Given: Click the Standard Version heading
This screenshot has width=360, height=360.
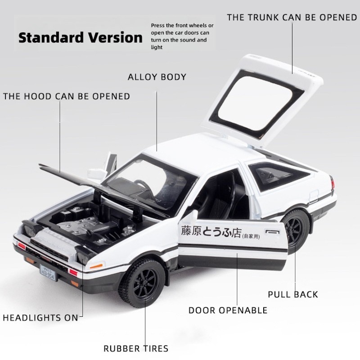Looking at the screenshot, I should point(81,37).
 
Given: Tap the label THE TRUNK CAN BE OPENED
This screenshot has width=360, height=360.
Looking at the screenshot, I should point(292,18).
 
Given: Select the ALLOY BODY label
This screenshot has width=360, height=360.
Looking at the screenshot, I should point(157,77).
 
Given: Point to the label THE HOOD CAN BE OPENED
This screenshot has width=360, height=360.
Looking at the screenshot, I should point(67,96).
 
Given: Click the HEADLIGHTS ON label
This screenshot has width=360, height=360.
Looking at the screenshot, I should point(41,318).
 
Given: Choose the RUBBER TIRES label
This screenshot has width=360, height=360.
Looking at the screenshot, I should point(136,348).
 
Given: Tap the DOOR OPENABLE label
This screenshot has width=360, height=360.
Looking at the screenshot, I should point(228,310).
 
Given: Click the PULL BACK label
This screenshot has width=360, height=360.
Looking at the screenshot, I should point(293,295).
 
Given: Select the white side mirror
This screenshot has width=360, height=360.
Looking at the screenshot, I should point(95,173).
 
